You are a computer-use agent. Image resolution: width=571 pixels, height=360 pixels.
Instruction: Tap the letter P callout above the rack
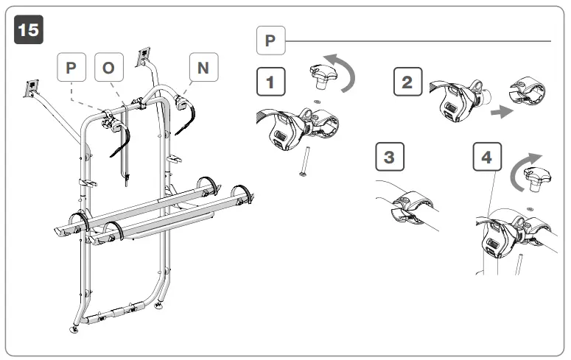(x=71, y=68)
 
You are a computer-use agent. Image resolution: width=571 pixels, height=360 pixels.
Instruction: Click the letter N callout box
(x=203, y=68)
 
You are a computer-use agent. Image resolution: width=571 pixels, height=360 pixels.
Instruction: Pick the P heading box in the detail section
(x=270, y=40)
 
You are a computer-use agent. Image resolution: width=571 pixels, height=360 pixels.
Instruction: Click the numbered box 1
(x=270, y=82)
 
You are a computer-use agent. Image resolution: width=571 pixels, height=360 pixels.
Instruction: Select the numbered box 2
(x=407, y=82)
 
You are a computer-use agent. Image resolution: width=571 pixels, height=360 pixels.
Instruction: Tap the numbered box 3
(x=390, y=158)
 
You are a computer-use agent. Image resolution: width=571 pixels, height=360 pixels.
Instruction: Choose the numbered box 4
(x=486, y=158)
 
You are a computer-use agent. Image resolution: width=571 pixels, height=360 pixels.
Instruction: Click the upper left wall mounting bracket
(x=33, y=88)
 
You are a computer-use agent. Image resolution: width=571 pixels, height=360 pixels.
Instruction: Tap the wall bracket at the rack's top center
(x=145, y=55)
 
